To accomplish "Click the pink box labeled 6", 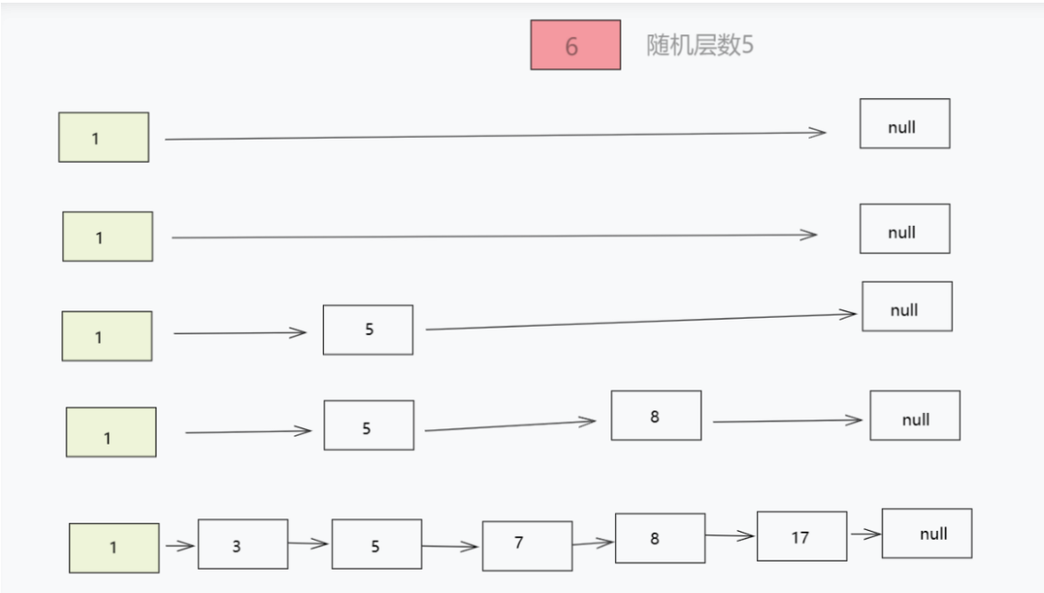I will pyautogui.click(x=575, y=45).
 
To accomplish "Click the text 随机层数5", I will pyautogui.click(x=700, y=46).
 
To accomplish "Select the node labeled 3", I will pyautogui.click(x=243, y=544).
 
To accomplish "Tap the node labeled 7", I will pyautogui.click(x=527, y=545).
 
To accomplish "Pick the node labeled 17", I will pyautogui.click(x=801, y=536).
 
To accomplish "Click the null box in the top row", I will pyautogui.click(x=904, y=123).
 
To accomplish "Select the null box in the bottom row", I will pyautogui.click(x=926, y=533).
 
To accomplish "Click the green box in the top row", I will pyautogui.click(x=103, y=137).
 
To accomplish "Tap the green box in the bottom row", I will pyautogui.click(x=114, y=548).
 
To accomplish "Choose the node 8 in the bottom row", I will pyautogui.click(x=660, y=538).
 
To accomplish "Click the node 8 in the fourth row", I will pyautogui.click(x=656, y=416).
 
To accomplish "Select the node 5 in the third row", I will pyautogui.click(x=368, y=329).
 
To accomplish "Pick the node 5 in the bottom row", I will pyautogui.click(x=376, y=544).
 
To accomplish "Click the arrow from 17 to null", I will pyautogui.click(x=865, y=535).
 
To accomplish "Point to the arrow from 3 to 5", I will pyautogui.click(x=309, y=544).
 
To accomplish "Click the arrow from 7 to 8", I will pyautogui.click(x=593, y=543).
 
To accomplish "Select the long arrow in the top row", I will pyautogui.click(x=495, y=136).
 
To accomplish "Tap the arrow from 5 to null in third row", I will pyautogui.click(x=640, y=321).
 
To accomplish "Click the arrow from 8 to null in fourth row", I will pyautogui.click(x=787, y=420).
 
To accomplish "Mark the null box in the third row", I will pyautogui.click(x=906, y=306).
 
